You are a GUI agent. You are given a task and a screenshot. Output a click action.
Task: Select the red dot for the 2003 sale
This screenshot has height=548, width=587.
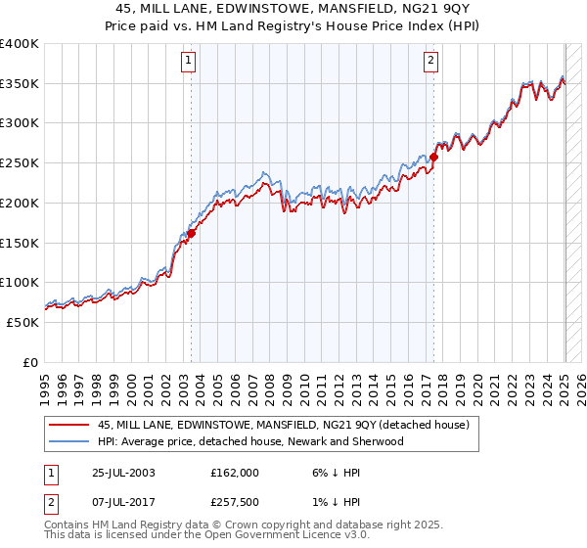[x=192, y=233]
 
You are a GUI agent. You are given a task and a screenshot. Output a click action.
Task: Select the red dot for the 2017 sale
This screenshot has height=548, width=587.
[x=433, y=157]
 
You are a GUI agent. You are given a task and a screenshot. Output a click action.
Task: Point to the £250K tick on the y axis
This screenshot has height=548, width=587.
[x=22, y=163]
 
